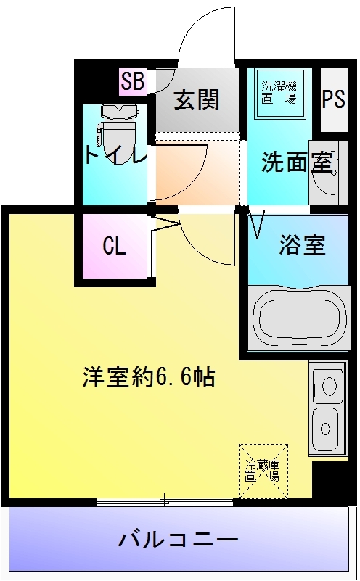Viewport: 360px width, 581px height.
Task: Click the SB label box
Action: (x=133, y=82)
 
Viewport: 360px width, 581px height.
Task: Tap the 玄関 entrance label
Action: (x=196, y=99)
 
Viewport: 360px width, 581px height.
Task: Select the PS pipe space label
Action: (x=334, y=99)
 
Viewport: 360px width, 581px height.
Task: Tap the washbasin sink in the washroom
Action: (x=323, y=174)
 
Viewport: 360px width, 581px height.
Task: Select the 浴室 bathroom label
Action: (x=302, y=246)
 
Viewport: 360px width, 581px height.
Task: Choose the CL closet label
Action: (x=114, y=247)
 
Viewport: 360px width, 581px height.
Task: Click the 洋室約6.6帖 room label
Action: (x=148, y=377)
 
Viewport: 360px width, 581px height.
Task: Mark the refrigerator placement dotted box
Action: (x=263, y=471)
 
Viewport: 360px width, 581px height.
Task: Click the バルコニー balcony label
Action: (x=178, y=540)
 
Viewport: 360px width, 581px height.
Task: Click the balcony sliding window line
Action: (x=165, y=501)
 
